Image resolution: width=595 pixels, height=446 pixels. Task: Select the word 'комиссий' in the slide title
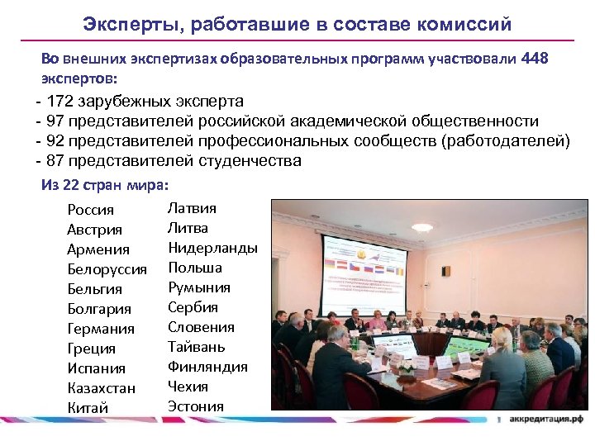[x=467, y=24]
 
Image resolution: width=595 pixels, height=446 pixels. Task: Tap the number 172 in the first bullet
[x=60, y=102]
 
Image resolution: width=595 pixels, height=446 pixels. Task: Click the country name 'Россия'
[x=91, y=210]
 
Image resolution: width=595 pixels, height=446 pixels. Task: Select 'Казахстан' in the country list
[x=102, y=388]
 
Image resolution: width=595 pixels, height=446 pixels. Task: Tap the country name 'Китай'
[x=88, y=408]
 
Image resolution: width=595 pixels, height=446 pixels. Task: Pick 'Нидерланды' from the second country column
[x=212, y=248]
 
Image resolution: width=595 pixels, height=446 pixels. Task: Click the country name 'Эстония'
[x=196, y=406]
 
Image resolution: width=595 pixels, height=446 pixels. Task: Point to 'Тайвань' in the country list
[x=197, y=347]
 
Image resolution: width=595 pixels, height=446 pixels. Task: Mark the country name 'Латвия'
[x=192, y=208]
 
